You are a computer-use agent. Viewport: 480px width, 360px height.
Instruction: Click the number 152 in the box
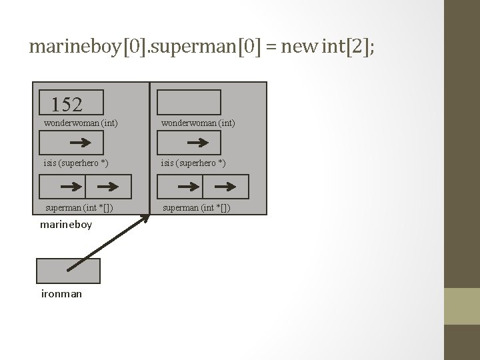67,104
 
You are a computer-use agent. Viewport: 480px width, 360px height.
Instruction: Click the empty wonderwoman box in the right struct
189,103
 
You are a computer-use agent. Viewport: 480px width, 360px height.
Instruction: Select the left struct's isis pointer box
72,143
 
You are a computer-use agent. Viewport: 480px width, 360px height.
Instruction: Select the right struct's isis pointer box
189,143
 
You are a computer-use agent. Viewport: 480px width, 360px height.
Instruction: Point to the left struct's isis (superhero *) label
76,163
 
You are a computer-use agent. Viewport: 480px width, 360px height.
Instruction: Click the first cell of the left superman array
62,187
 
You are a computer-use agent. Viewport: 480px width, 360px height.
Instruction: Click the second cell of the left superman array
109,187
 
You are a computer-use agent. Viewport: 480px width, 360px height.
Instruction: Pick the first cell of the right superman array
180,187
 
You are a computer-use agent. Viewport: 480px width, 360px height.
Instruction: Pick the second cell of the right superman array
225,187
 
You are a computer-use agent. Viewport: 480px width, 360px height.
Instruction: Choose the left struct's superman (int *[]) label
79,208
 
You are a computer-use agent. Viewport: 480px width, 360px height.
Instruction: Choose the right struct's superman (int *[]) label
197,208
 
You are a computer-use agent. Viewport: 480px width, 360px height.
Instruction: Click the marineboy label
65,225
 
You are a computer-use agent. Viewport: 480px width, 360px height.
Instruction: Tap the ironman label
61,293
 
